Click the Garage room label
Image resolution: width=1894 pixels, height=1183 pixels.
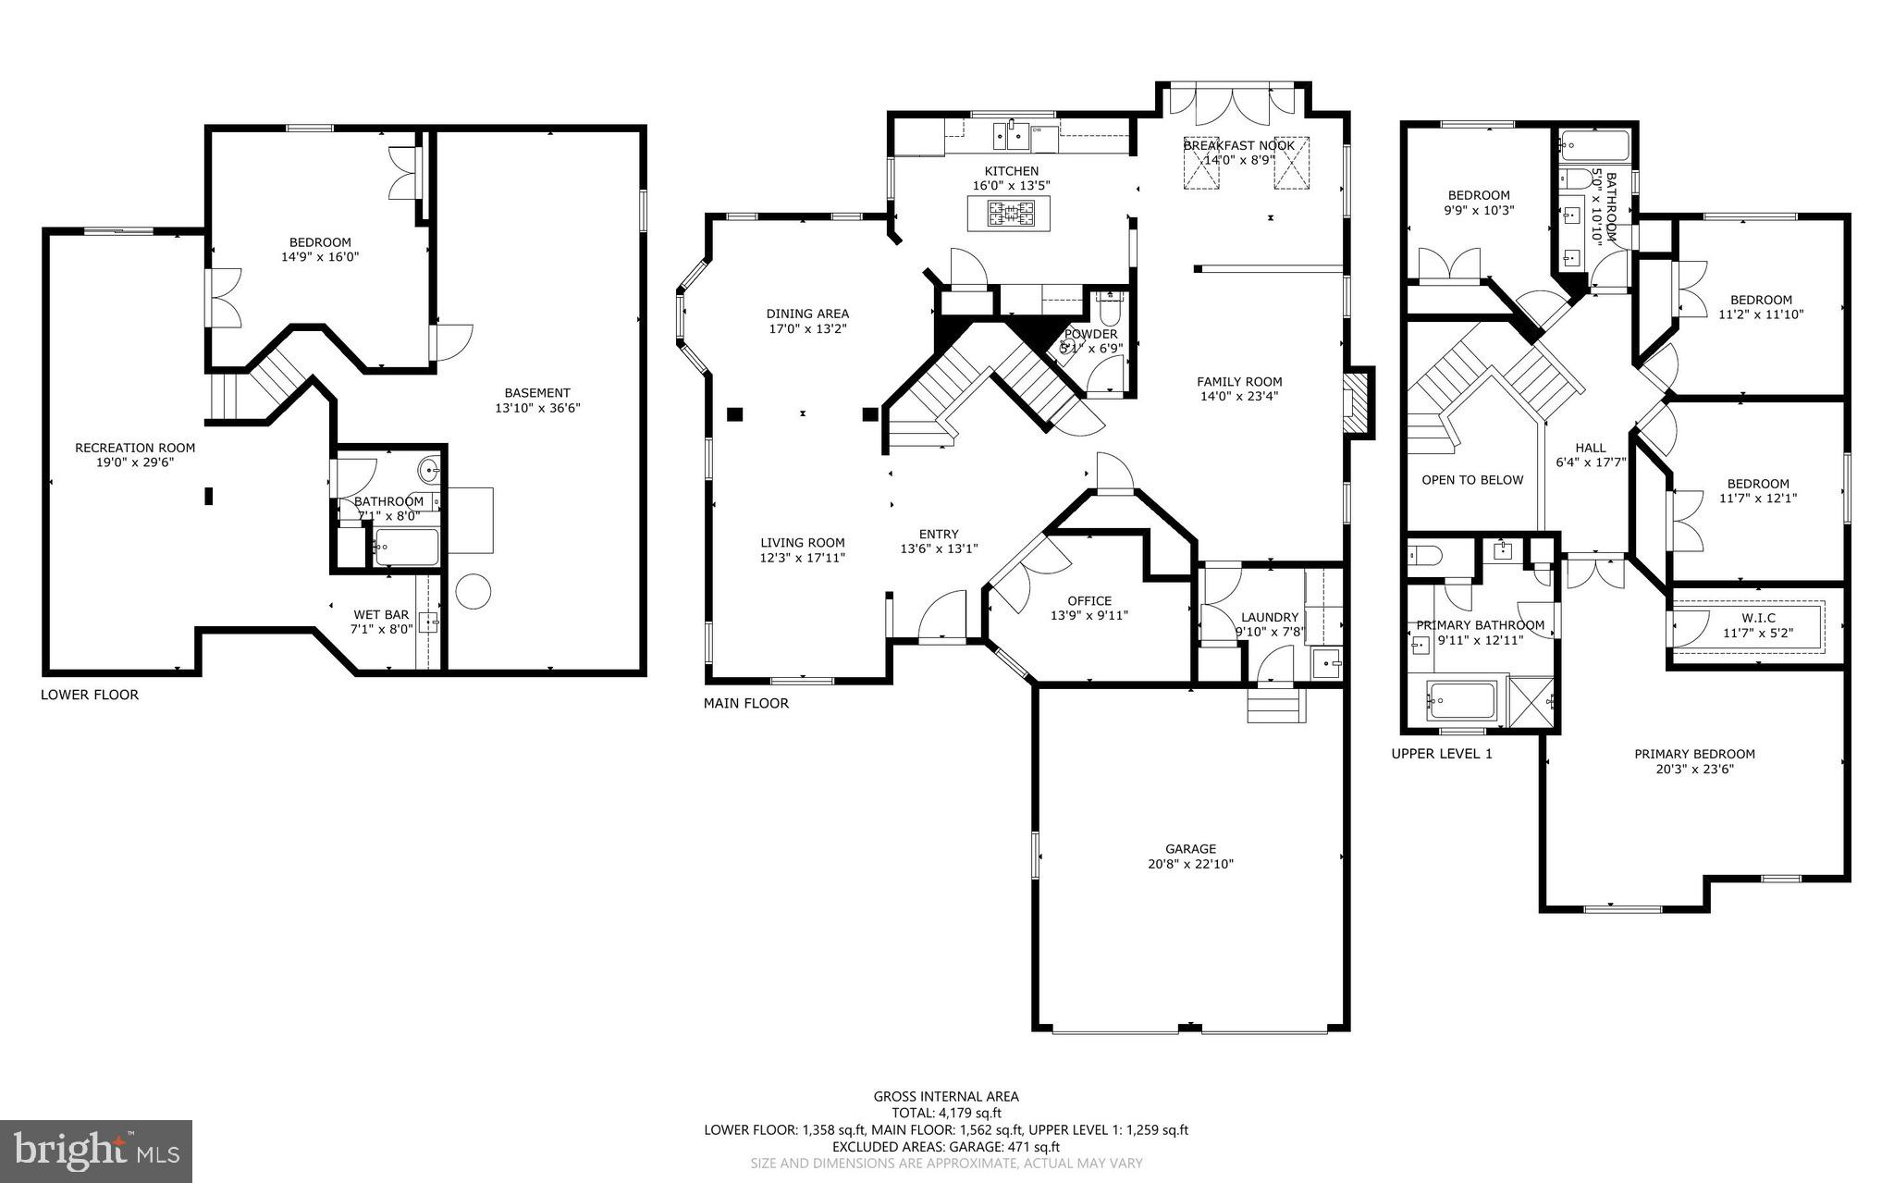pos(1190,848)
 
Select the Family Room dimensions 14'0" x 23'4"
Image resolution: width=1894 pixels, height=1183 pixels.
pos(1239,397)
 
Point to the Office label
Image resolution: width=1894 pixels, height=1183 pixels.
pos(1088,600)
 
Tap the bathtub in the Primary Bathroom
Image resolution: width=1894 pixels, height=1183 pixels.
pos(1461,701)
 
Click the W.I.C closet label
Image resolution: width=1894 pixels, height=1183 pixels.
pos(1744,618)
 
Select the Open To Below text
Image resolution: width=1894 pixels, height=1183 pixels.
pos(1472,479)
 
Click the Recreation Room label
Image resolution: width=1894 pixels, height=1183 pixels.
pos(135,448)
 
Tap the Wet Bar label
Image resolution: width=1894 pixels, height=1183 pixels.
pos(381,614)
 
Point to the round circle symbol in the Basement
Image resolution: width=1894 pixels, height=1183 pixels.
pos(473,591)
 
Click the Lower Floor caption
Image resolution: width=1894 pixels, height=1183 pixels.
pos(90,695)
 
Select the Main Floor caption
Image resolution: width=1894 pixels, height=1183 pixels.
pos(746,703)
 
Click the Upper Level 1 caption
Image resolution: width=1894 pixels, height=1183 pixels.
pos(1442,754)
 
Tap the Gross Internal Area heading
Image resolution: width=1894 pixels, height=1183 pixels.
pos(946,1097)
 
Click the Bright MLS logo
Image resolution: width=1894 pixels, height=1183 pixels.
pos(96,1151)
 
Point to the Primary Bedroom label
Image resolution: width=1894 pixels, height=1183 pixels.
pos(1694,754)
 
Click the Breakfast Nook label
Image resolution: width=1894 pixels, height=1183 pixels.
pos(1239,145)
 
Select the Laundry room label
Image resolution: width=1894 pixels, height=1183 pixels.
pos(1270,617)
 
